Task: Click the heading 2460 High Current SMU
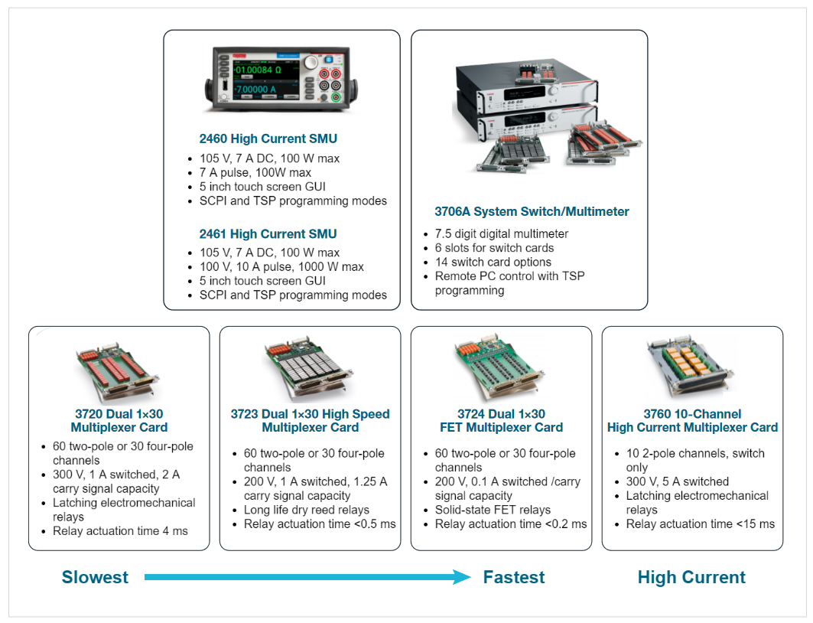(268, 139)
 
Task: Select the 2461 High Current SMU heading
(268, 234)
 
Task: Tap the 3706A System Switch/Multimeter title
(532, 212)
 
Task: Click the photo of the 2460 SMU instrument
(281, 79)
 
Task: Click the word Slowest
(95, 577)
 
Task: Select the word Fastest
(514, 577)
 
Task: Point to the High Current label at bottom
(691, 577)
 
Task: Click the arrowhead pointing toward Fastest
(461, 577)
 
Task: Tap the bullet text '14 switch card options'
(493, 262)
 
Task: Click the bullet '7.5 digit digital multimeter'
(502, 234)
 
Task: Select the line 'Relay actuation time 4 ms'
(120, 530)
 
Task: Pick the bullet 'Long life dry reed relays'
(307, 510)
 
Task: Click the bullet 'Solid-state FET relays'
(493, 510)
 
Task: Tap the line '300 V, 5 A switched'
(677, 481)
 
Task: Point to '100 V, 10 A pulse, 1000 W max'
(281, 266)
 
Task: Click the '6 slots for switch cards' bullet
(494, 248)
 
